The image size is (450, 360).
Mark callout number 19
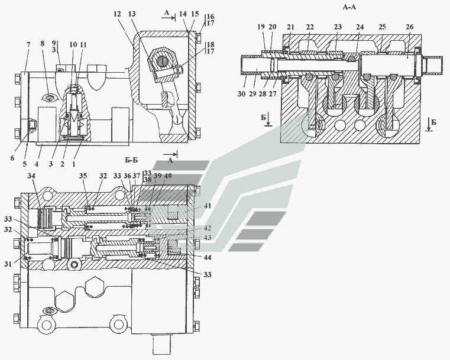[261, 27]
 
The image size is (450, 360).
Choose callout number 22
[309, 27]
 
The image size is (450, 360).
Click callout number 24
[359, 27]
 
